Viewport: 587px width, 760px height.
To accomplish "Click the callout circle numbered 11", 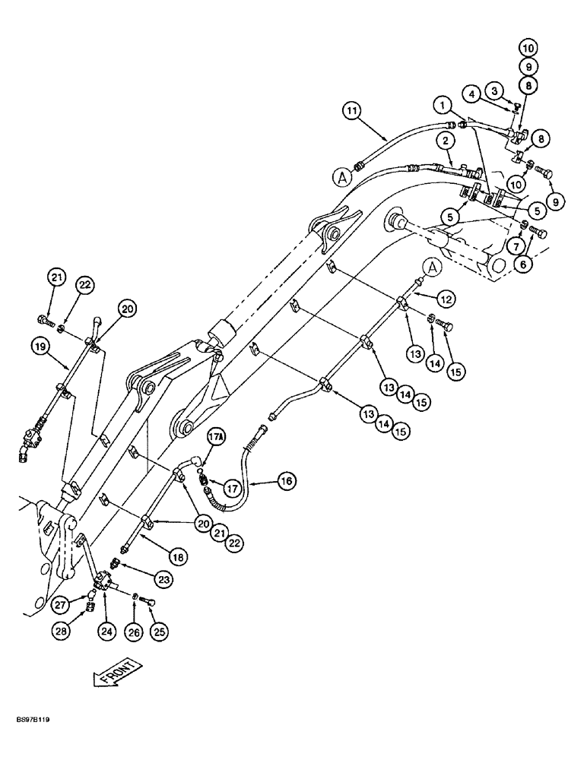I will [351, 112].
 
